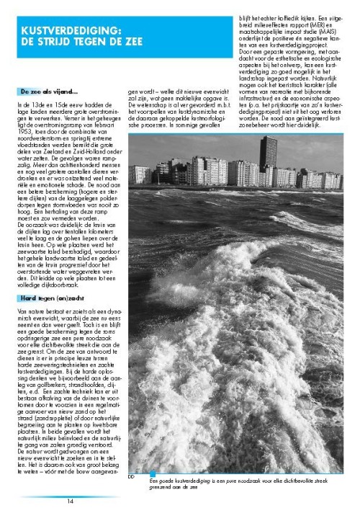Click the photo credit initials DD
pos(132,475)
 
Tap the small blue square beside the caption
pos(152,473)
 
